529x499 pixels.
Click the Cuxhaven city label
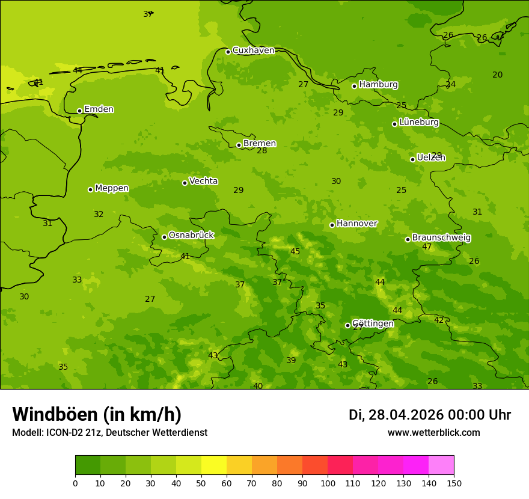253,51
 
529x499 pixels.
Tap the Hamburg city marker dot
355,86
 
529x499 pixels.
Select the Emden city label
99,109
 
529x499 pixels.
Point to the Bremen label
259,144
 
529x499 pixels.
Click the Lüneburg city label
418,122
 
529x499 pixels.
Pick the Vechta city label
203,181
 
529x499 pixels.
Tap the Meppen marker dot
90,189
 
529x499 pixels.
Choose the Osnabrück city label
191,235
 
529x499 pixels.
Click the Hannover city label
356,224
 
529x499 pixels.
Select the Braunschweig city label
441,238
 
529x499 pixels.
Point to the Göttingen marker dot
347,325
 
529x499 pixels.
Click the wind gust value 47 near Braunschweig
427,247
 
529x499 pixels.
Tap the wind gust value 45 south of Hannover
295,252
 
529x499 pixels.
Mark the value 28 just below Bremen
262,151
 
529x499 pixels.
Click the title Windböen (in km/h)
97,414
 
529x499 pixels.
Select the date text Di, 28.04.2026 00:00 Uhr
429,415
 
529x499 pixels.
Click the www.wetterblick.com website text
433,433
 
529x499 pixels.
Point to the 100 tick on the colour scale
328,483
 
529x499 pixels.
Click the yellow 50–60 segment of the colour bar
214,465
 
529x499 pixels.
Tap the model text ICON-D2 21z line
109,433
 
